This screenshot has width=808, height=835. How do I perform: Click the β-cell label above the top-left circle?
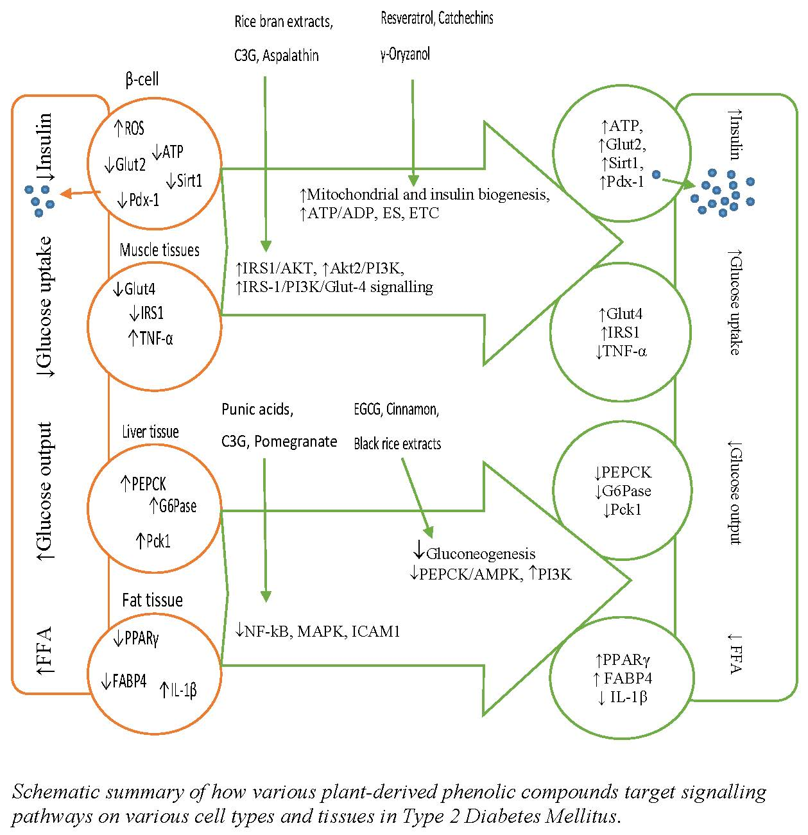142,80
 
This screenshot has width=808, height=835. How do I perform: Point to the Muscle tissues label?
159,250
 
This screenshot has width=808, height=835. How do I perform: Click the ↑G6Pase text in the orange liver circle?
173,506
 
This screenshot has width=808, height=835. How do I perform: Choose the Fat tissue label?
152,600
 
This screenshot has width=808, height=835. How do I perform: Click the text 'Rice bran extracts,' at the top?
283,22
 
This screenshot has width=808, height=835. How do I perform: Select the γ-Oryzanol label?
405,54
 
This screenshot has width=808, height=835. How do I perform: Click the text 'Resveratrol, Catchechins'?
437,18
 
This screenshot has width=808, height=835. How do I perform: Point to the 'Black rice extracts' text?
397,443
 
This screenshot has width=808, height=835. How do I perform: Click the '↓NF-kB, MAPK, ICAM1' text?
318,632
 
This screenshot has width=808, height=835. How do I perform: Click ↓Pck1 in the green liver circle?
623,510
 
